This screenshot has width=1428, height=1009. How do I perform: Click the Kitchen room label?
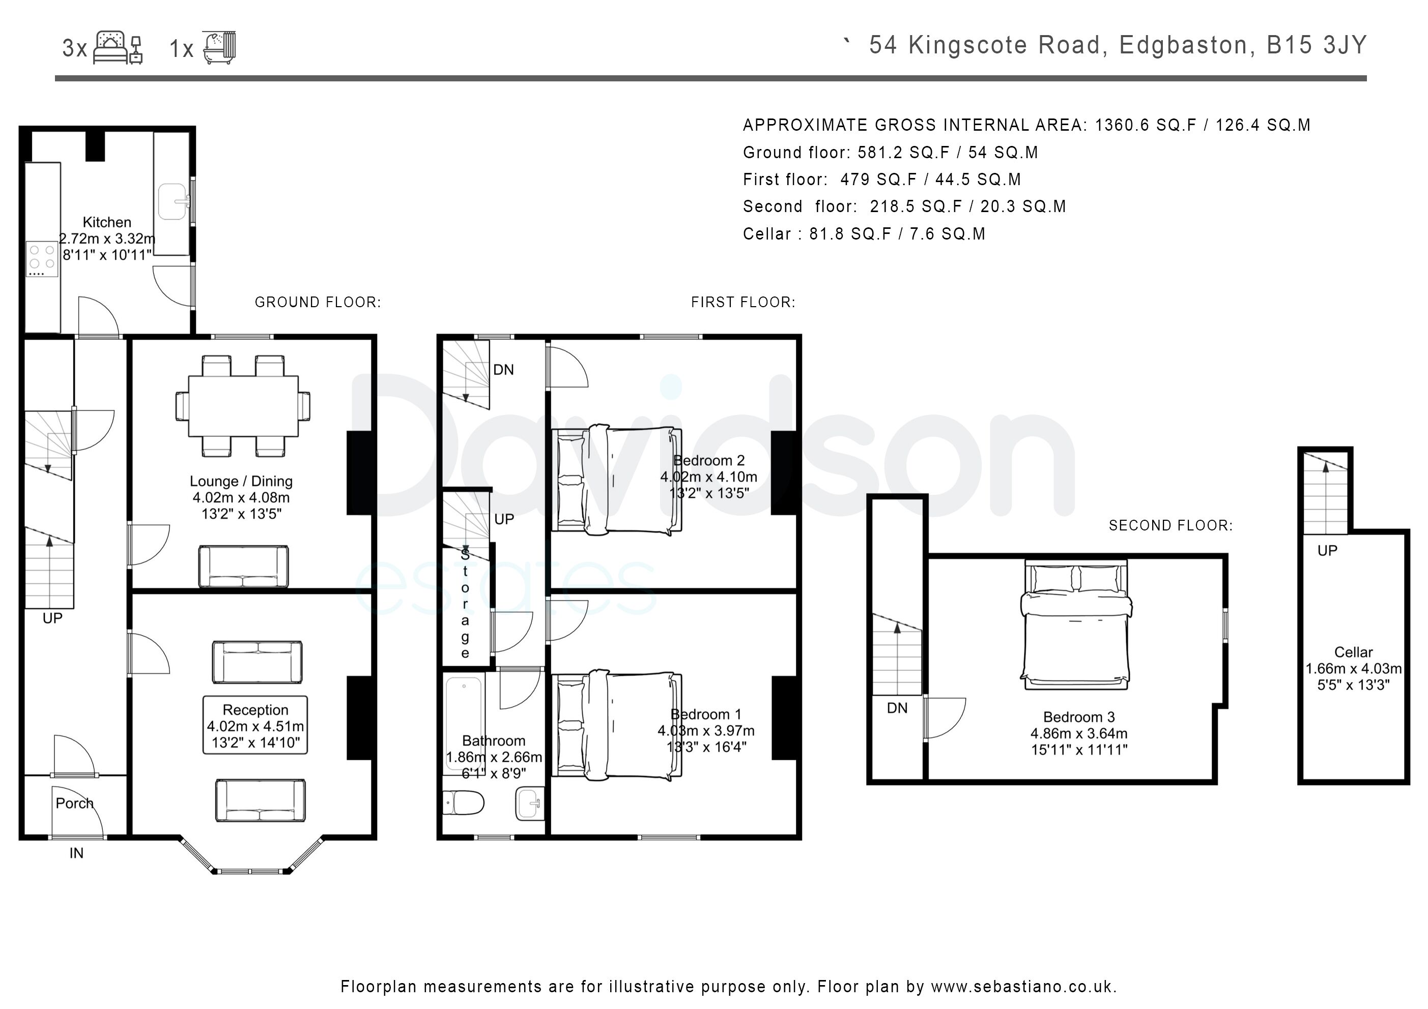(107, 222)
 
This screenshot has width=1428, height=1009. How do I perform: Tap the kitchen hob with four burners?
(42, 259)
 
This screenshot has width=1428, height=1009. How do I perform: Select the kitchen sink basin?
(173, 201)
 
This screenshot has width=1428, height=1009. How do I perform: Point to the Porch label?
(75, 803)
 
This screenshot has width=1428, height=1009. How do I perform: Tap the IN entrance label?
(76, 853)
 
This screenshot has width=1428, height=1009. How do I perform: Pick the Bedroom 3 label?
(1079, 717)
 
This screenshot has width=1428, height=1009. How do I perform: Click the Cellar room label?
(1353, 652)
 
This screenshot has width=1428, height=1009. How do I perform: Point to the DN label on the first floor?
(504, 370)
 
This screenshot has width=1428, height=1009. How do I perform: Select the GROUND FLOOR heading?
(318, 302)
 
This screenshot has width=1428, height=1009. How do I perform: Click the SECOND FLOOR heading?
(1170, 525)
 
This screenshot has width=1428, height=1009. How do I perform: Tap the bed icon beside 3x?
(118, 48)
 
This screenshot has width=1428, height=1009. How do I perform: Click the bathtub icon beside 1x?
(219, 47)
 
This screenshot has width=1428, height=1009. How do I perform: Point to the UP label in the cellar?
(1327, 550)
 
